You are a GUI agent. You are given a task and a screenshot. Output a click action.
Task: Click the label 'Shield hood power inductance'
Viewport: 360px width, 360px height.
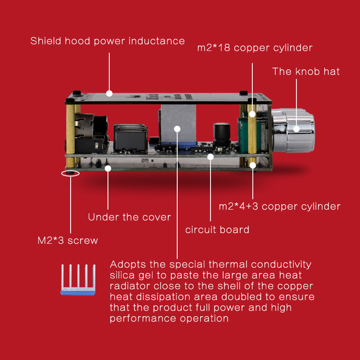click(108, 41)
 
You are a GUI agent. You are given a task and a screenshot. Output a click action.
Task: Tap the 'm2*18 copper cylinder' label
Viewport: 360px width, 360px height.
click(255, 48)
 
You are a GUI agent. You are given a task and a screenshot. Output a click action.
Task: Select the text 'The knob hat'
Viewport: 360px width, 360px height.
click(306, 72)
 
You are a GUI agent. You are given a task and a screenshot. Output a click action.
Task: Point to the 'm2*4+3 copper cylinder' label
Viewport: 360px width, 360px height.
click(279, 207)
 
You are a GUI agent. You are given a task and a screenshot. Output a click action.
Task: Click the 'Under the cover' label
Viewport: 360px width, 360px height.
click(130, 217)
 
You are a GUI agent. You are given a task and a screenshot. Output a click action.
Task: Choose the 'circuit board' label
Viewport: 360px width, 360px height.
click(217, 229)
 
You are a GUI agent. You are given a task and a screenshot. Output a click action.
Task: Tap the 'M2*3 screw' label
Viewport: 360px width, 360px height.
click(68, 240)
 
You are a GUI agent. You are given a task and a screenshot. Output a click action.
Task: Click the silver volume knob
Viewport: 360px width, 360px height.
click(293, 130)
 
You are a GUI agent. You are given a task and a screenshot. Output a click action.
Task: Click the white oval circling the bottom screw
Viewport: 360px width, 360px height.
click(70, 173)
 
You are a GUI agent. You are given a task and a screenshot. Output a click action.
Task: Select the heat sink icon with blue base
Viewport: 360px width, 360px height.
click(78, 279)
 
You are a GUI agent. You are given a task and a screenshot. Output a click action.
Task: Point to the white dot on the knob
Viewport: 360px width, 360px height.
click(296, 129)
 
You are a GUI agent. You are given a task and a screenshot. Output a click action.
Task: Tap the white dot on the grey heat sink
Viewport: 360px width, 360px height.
click(177, 129)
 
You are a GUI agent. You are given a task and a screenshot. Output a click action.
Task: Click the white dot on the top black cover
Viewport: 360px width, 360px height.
click(109, 94)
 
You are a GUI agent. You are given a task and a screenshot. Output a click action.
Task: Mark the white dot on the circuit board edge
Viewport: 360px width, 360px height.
click(210, 157)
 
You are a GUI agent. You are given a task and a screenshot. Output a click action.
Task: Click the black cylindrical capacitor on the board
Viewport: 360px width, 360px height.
click(221, 135)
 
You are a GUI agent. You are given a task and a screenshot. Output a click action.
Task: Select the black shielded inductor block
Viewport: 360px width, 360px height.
click(130, 137)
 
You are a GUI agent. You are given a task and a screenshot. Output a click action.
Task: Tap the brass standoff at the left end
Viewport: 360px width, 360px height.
click(71, 135)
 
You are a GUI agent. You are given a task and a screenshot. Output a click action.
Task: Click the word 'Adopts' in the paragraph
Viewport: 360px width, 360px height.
click(128, 265)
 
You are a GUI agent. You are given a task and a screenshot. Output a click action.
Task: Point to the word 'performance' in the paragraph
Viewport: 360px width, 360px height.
click(143, 319)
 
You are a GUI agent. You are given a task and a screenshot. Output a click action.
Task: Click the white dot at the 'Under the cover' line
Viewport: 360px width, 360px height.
click(108, 168)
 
